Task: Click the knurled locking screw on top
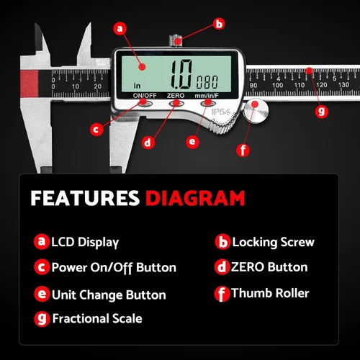(176, 40)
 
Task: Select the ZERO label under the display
(176, 96)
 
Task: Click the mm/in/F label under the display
(207, 96)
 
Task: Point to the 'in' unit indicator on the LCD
(137, 86)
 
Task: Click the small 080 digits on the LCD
(207, 82)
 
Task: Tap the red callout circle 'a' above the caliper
(120, 29)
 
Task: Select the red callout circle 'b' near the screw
(219, 24)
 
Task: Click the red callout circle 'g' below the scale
(321, 112)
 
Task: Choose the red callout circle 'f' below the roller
(243, 150)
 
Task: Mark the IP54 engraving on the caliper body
(221, 112)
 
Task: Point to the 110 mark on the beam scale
(300, 85)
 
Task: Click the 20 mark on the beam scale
(97, 86)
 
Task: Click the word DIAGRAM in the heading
(195, 198)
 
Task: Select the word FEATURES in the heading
(85, 198)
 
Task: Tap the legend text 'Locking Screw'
(273, 242)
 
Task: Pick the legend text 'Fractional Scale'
(97, 318)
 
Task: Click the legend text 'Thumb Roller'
(270, 293)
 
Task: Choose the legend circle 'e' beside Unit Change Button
(42, 294)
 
